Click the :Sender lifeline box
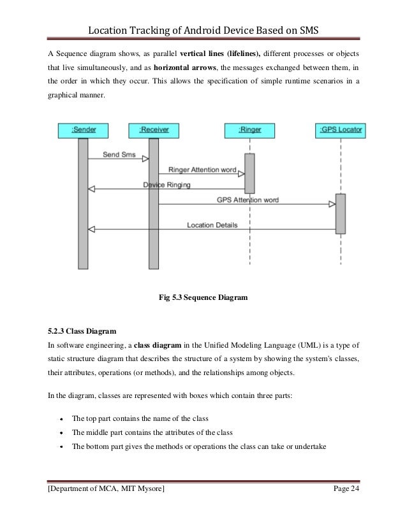pos(83,130)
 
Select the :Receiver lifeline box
pos(153,130)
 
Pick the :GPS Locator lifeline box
pos(341,130)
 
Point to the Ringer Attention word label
pos(202,171)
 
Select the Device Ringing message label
pos(166,185)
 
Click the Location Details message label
pos(212,225)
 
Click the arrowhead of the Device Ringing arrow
pos(91,189)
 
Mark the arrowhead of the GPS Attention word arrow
pos(332,204)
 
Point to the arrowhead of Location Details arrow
pos(91,229)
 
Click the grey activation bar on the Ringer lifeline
pos(249,173)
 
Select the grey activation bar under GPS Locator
pos(341,213)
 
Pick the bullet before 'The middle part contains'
pos(60,433)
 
